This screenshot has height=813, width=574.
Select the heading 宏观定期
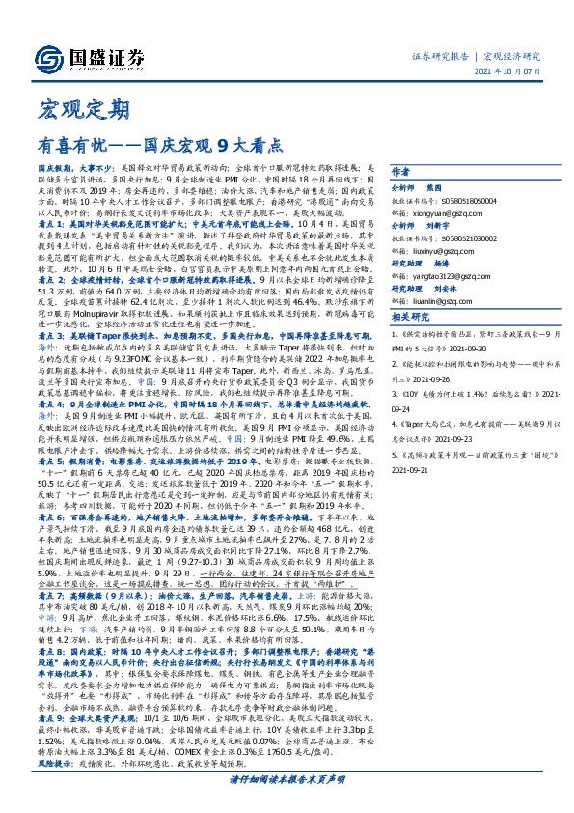(68, 109)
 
